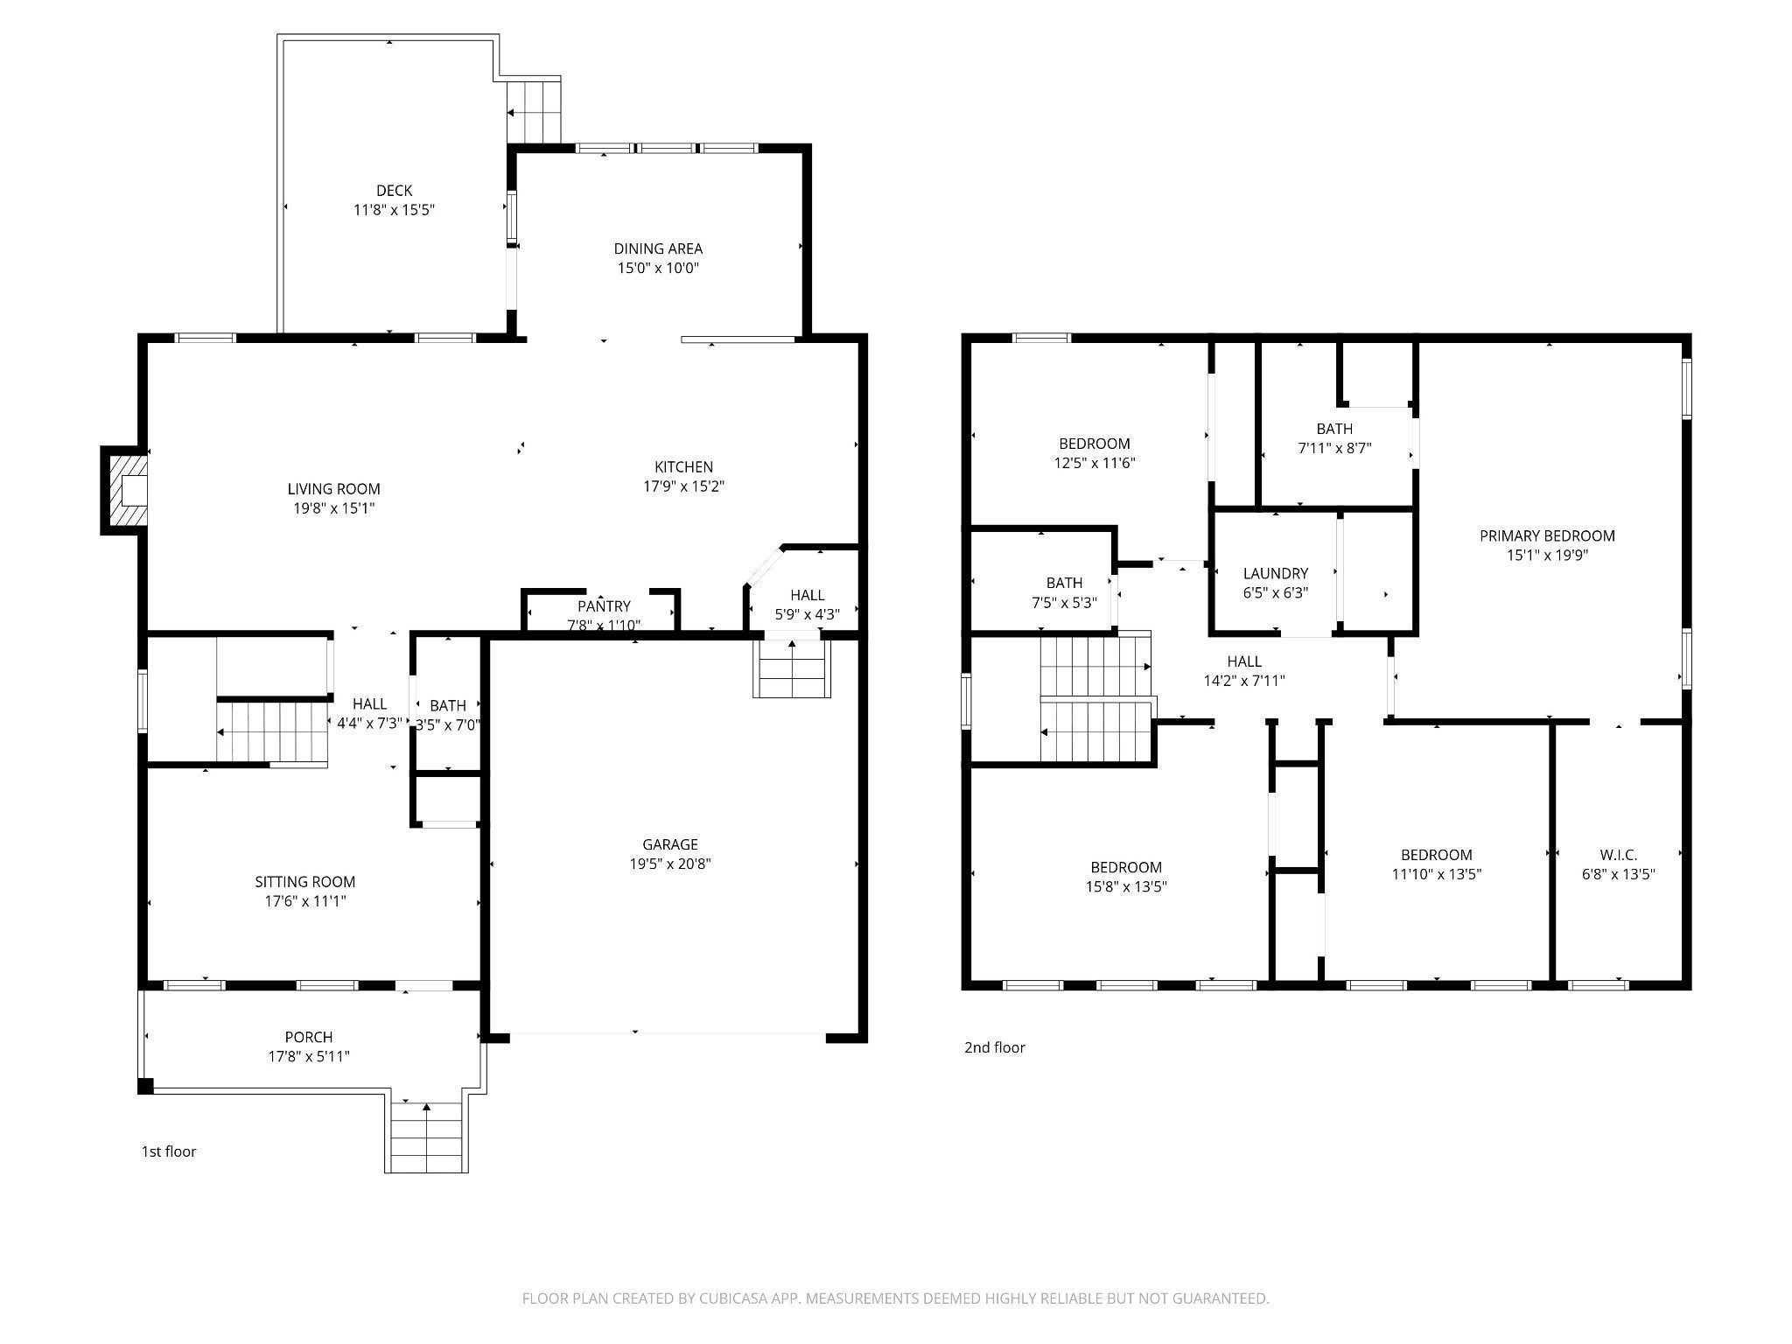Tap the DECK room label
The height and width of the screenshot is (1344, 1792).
394,191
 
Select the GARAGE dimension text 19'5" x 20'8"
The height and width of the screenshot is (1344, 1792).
670,864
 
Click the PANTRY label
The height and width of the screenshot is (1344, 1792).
604,606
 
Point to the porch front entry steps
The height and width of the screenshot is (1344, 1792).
426,1136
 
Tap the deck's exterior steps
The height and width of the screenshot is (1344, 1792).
534,111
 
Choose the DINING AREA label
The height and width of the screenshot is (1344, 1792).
658,248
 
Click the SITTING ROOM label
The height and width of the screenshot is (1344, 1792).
305,882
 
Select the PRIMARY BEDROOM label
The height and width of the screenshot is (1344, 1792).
1547,535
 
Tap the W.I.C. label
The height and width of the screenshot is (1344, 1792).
1619,855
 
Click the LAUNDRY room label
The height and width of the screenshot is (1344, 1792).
1276,573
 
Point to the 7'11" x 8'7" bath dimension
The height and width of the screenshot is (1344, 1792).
1334,448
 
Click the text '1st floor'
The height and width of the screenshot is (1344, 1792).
169,1151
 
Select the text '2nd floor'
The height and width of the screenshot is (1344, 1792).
995,1047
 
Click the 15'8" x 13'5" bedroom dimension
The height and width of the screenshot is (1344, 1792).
1126,886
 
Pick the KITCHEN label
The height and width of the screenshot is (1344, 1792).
684,467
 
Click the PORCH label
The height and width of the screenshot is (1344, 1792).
309,1037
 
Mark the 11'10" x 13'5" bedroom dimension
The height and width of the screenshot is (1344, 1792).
1437,874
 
